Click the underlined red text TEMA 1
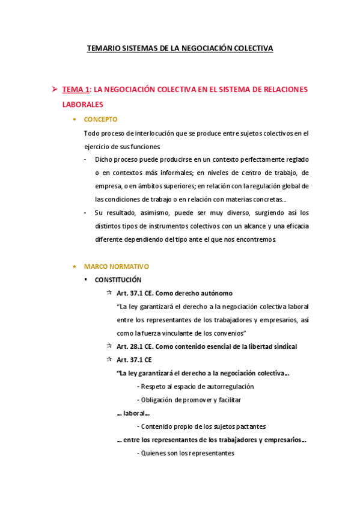(76, 90)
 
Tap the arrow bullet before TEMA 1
(53, 90)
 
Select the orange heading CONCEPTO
(100, 119)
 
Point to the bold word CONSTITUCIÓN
(118, 280)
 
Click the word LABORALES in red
(82, 104)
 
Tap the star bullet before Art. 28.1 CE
(109, 346)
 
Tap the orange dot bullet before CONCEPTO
(74, 119)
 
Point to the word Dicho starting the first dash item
(104, 159)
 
